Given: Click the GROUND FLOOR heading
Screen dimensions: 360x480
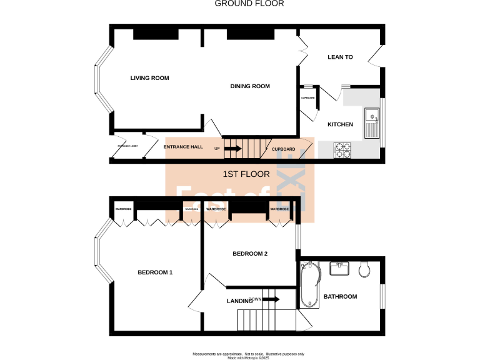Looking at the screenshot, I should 249,4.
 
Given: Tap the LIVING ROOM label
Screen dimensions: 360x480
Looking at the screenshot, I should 149,78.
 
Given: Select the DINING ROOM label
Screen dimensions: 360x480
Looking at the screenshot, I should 250,86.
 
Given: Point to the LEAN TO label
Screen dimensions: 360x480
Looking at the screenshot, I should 340,57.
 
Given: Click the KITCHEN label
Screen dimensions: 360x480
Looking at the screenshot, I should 340,124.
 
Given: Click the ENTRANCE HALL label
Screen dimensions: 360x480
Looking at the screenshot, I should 183,147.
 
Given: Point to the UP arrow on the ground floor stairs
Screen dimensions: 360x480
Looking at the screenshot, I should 232,149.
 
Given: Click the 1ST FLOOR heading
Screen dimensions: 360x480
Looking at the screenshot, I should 246,174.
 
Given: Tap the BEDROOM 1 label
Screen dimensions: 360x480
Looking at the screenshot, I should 155,272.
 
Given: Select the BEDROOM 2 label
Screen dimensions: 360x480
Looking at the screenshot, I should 250,254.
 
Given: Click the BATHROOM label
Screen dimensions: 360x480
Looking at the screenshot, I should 340,297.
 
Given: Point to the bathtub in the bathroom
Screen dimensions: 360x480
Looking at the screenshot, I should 309,285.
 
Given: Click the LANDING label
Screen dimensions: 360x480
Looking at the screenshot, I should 239,301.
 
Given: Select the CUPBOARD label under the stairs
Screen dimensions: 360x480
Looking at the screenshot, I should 283,149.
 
